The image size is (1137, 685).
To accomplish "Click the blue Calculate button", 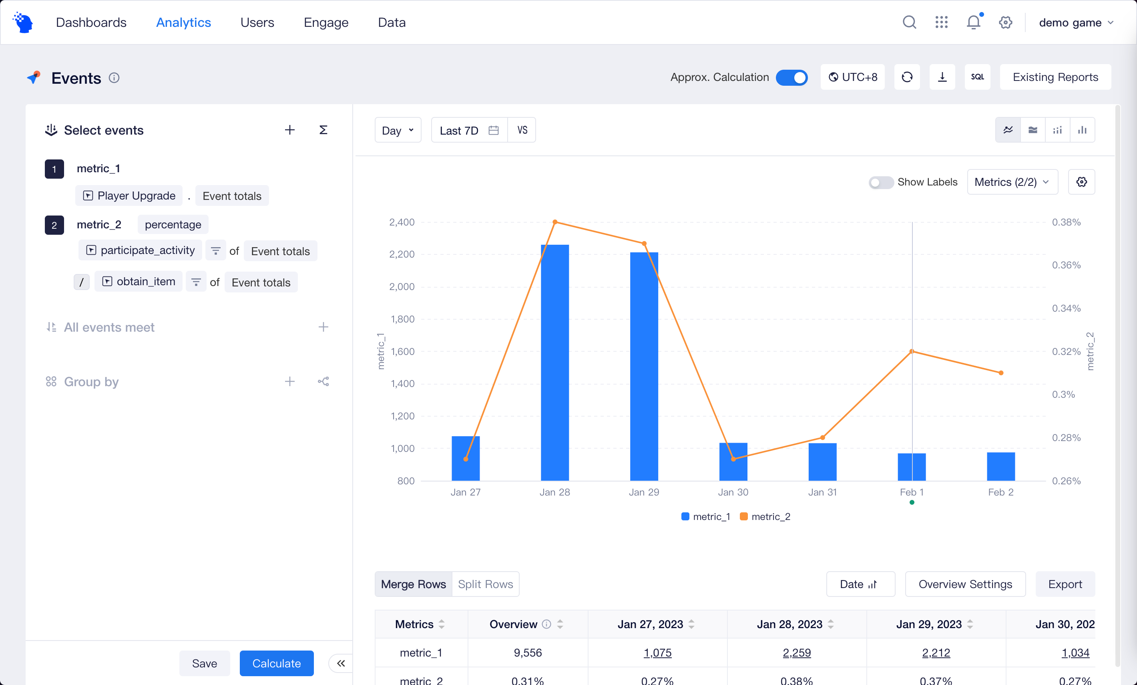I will point(276,663).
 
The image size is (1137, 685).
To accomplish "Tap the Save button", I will point(204,663).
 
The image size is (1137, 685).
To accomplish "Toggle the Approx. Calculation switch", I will point(791,77).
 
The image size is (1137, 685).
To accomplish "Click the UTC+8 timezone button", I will point(852,77).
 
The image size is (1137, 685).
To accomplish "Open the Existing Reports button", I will point(1055,77).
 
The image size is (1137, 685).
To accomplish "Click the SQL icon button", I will point(977,77).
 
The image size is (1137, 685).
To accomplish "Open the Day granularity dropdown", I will point(398,130).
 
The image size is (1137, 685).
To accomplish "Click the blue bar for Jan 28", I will point(555,363).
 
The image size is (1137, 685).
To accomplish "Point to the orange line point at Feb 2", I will point(1001,373).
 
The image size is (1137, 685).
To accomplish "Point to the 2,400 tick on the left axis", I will point(402,222).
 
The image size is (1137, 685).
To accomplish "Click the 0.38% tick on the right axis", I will point(1066,222).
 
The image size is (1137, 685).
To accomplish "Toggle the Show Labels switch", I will point(880,182).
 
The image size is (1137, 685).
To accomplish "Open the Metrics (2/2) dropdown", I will point(1012,182).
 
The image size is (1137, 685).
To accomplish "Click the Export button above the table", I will point(1065,584).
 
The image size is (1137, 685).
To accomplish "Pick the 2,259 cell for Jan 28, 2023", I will point(797,653).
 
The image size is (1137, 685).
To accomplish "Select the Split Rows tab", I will point(485,584).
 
